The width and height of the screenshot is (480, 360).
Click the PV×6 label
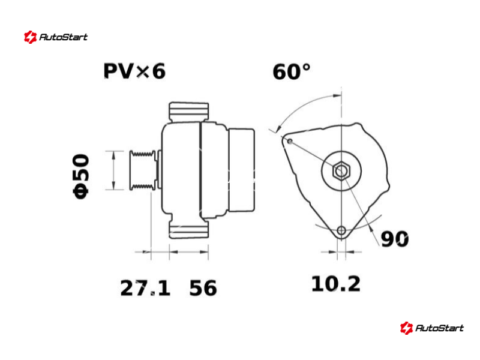point(134,71)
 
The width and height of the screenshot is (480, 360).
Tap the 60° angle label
point(292,72)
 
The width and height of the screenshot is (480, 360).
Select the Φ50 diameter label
point(81,176)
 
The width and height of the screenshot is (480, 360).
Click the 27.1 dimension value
point(145,288)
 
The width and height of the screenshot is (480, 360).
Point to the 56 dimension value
point(203,288)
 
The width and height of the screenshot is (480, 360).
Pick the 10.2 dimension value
point(336,284)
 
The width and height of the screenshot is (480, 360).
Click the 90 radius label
point(395,239)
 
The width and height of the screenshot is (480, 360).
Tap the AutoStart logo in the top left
point(56,37)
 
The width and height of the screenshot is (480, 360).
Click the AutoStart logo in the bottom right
point(431,328)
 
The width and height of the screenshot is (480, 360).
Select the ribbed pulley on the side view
point(142,170)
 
